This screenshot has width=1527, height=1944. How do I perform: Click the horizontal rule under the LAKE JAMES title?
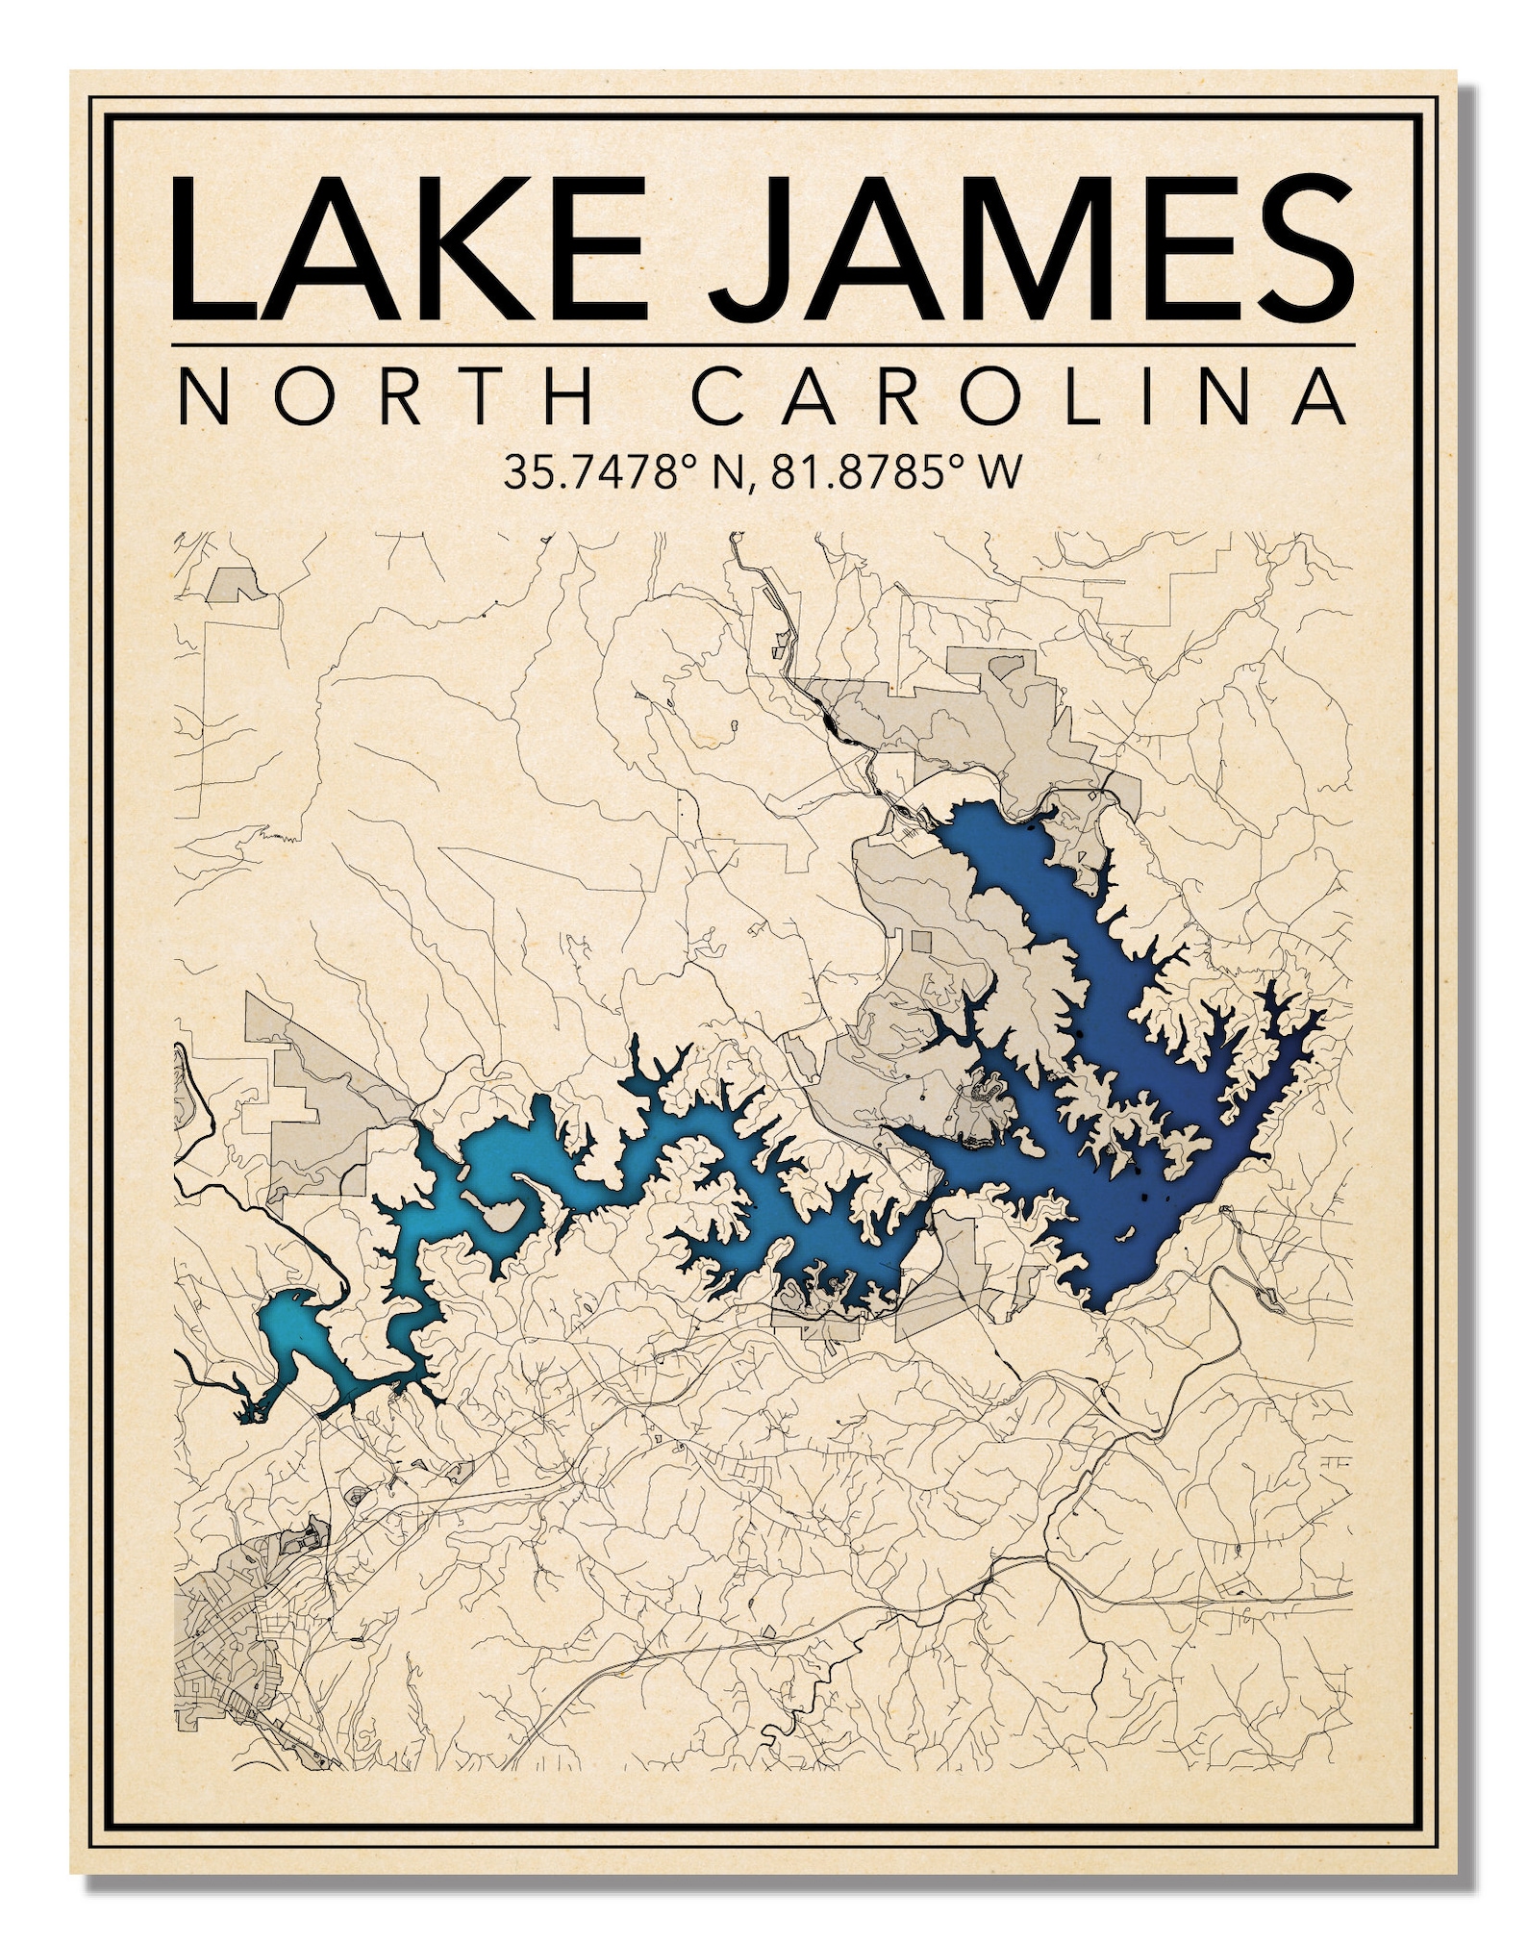pyautogui.click(x=763, y=343)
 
